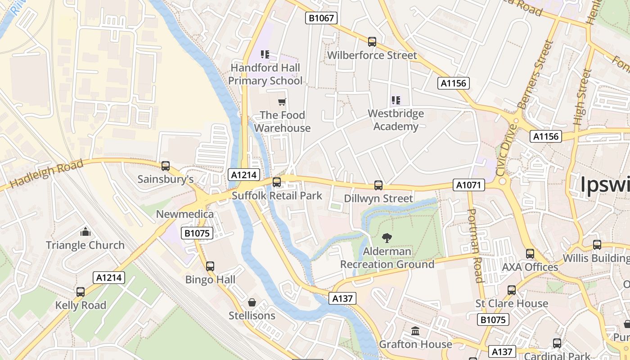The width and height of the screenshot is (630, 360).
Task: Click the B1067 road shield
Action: tap(321, 18)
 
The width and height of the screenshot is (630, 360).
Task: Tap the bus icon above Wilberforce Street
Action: tap(372, 42)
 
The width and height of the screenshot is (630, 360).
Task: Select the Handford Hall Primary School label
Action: tap(265, 74)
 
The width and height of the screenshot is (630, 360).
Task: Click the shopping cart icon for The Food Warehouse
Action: tap(282, 102)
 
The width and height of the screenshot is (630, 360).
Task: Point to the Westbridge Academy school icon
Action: tap(396, 100)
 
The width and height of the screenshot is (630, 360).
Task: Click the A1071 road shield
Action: tap(468, 184)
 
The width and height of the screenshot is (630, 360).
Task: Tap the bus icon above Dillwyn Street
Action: tap(378, 185)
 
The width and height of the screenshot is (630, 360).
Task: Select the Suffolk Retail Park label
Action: tap(277, 196)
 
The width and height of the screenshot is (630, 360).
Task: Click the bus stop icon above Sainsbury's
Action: tap(166, 166)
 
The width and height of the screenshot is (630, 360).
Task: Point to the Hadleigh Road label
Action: tap(46, 174)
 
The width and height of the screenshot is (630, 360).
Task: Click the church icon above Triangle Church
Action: tap(85, 232)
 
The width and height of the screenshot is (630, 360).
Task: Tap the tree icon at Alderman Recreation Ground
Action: tap(387, 238)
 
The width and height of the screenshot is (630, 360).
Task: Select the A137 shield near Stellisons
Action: tap(342, 298)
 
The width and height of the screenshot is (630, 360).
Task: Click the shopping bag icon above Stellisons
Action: tap(252, 302)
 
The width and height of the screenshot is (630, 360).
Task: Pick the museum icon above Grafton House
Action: tap(415, 331)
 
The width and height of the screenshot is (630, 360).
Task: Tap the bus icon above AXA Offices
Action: tap(530, 254)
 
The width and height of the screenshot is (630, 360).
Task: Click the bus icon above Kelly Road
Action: tap(81, 292)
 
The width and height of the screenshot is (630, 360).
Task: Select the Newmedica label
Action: tap(184, 214)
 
